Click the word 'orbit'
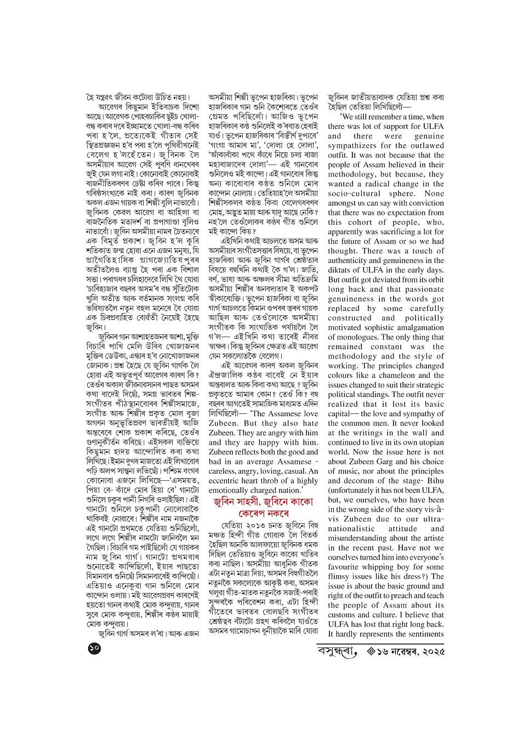coord(431,280)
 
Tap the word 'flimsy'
coord(340,577)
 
